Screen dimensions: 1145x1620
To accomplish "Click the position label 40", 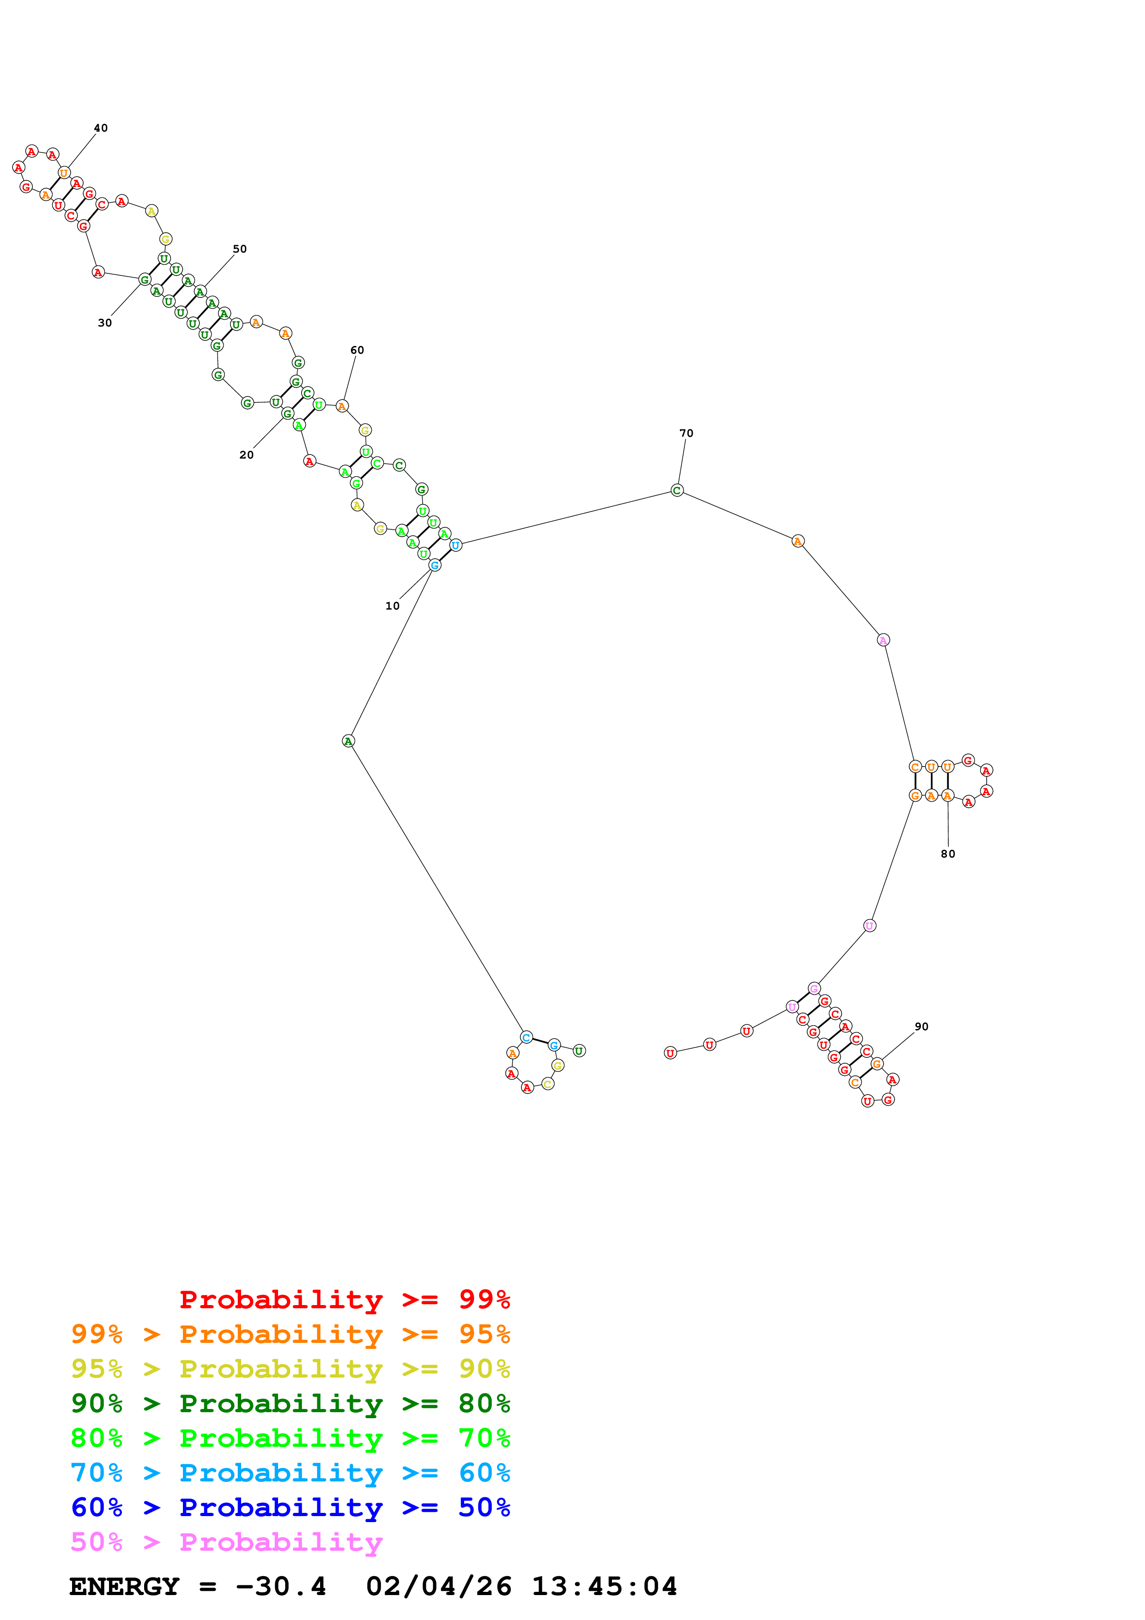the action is pos(101,128).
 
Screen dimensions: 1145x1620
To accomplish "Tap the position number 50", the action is pos(240,248).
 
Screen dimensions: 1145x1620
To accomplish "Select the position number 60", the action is pos(357,350).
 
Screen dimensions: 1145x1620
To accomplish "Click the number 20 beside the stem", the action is pos(246,454).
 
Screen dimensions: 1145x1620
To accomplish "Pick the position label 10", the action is pos(392,605).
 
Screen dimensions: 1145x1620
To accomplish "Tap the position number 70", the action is pos(686,433).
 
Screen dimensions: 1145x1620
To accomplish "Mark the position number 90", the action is pos(921,1027).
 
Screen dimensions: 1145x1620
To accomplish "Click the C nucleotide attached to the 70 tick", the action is pos(677,490).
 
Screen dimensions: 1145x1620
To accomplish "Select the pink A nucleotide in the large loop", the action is pos(883,640).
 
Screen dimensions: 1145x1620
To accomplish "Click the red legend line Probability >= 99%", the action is pos(344,1300).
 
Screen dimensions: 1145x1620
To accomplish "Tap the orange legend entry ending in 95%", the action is pos(290,1334).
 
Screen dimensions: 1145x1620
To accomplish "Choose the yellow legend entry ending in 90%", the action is pos(290,1369).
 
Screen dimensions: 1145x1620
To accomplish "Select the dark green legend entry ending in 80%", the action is pos(290,1403).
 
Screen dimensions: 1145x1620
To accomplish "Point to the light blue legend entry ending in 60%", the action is pos(290,1473).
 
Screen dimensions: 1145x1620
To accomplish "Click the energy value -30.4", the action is pos(281,1587).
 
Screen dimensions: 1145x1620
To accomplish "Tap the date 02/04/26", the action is pos(438,1587).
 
